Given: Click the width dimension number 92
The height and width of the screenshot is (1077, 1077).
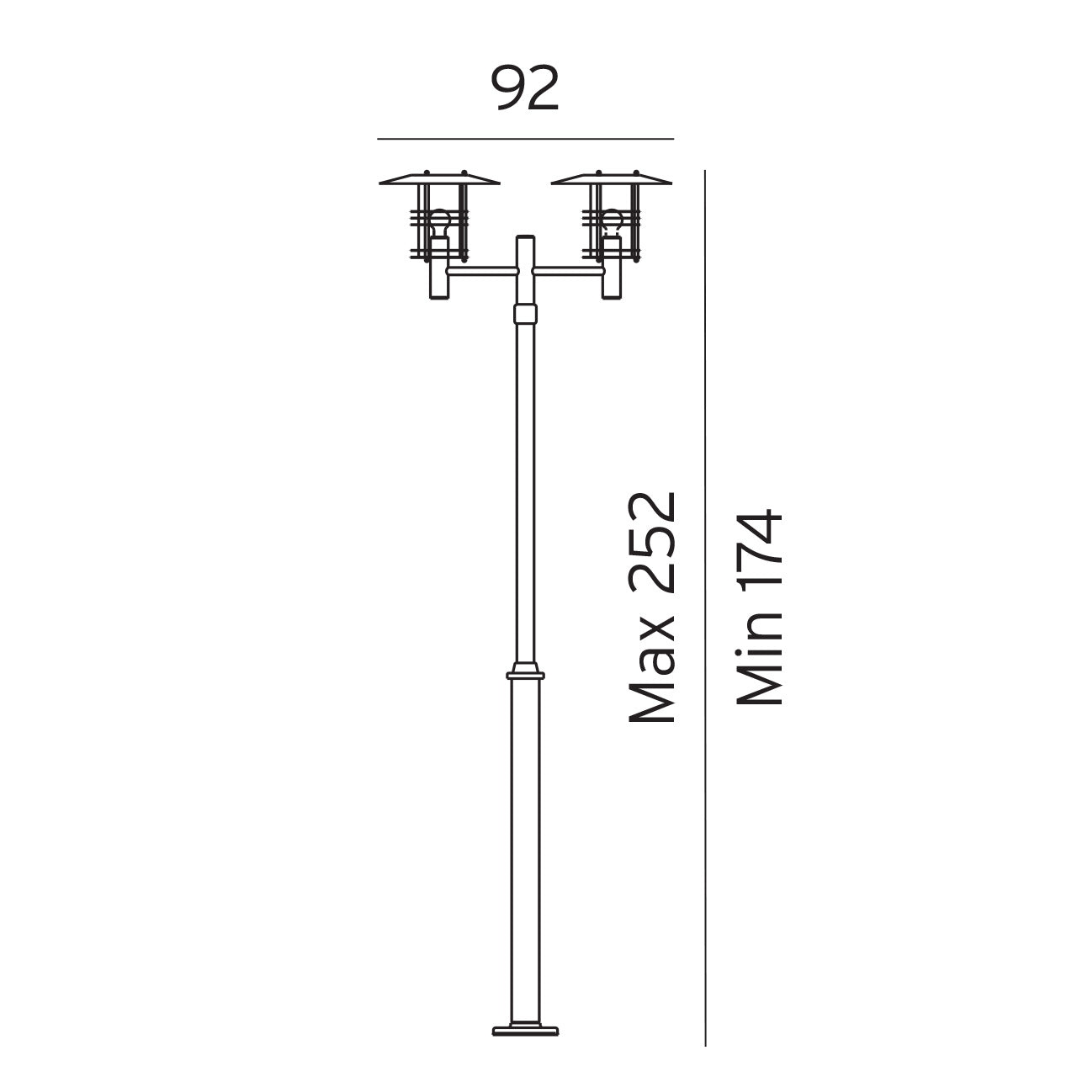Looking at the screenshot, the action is point(525,88).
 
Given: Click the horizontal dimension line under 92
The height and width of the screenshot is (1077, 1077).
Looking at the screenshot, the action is point(525,139).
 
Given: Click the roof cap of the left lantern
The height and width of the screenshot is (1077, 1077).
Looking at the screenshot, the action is point(439,178).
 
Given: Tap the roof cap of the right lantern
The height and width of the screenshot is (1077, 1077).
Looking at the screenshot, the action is point(612,178).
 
